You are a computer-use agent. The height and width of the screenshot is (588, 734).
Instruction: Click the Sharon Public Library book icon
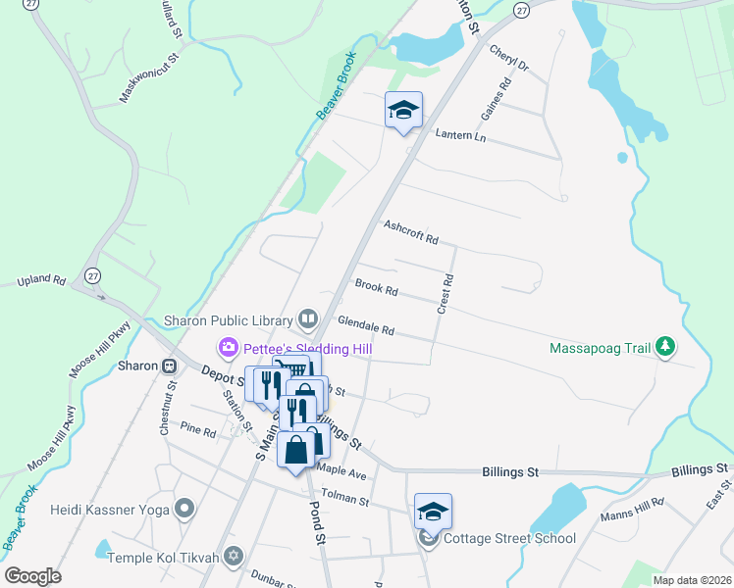coord(308,319)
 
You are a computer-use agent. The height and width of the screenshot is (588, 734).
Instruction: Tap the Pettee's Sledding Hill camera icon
coord(229,347)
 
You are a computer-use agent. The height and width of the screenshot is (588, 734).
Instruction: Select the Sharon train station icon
coord(169,366)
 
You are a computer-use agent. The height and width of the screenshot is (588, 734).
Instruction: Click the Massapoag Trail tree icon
coord(666,347)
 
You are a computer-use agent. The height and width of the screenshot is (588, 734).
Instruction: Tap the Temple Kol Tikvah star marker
coord(233,556)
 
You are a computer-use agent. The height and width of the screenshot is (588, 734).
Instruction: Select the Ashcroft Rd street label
coord(410,232)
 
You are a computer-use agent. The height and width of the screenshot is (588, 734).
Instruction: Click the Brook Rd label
coord(376,289)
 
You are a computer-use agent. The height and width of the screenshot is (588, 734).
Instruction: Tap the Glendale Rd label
coord(365,325)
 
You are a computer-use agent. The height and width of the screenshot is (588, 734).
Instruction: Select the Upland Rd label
coord(41,281)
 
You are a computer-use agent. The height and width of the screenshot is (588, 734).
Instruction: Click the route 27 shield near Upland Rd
coord(91,275)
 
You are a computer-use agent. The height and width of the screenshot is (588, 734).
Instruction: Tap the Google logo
coord(32,575)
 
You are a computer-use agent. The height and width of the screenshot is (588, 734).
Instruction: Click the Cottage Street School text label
coord(509,538)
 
